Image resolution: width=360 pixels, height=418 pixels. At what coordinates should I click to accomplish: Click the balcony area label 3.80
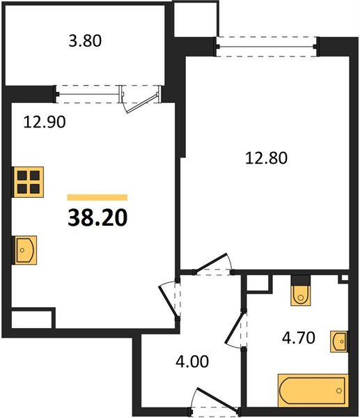(x=85, y=41)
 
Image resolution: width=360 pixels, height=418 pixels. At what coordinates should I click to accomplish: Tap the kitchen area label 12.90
(x=45, y=123)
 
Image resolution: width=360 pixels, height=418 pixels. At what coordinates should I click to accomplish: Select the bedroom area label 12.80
(x=266, y=158)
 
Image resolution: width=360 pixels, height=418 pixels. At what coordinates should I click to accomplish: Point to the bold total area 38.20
(x=97, y=217)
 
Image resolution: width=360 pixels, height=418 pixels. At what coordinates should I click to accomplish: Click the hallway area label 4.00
(x=192, y=362)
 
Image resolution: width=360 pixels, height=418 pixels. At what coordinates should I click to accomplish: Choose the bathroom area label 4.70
(x=299, y=338)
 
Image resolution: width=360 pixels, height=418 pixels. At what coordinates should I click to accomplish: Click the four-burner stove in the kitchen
(x=29, y=182)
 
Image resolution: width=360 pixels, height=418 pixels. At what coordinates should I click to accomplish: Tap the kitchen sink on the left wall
(x=24, y=250)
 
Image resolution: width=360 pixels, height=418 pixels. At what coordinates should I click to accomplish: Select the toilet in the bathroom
(x=301, y=295)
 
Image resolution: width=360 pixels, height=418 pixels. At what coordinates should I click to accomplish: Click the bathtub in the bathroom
(x=313, y=391)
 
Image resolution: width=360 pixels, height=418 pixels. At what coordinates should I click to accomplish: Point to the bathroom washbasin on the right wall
(x=339, y=341)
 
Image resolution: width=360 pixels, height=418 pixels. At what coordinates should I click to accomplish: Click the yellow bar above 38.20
(x=97, y=197)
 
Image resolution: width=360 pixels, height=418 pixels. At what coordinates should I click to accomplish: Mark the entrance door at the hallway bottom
(x=215, y=401)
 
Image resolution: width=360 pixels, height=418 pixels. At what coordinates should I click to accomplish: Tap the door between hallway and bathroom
(x=235, y=329)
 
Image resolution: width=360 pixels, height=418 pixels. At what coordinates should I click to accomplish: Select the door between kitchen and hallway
(x=169, y=300)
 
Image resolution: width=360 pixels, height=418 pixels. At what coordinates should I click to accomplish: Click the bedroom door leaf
(x=211, y=263)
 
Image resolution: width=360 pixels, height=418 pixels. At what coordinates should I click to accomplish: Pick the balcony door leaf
(x=141, y=103)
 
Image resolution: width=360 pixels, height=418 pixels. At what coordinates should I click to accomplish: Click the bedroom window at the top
(x=266, y=47)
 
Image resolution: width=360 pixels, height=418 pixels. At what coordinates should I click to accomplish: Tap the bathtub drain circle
(x=338, y=391)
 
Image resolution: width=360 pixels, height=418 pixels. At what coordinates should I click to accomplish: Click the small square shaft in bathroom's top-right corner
(x=344, y=278)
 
